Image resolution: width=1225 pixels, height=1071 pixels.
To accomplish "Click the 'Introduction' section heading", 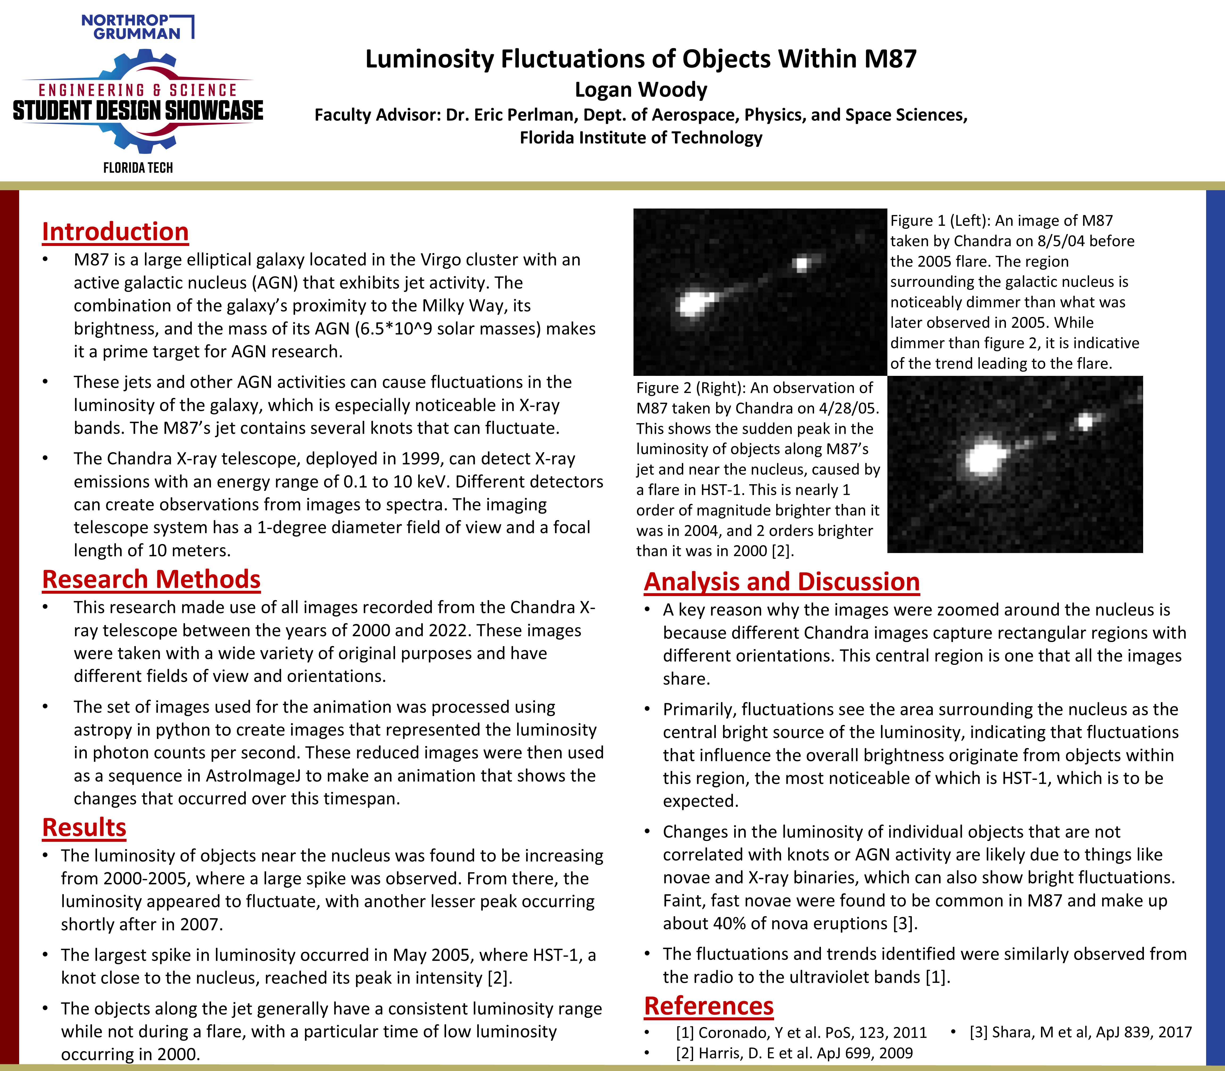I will [x=115, y=232].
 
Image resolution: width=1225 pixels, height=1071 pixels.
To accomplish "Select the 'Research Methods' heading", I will [x=151, y=580].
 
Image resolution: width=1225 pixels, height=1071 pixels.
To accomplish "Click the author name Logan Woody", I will [x=641, y=90].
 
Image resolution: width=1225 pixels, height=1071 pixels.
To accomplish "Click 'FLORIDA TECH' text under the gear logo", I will [x=138, y=168].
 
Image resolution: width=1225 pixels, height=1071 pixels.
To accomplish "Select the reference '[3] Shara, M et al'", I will [x=1080, y=1032].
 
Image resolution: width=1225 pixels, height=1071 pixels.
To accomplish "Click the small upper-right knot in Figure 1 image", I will [x=802, y=263].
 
